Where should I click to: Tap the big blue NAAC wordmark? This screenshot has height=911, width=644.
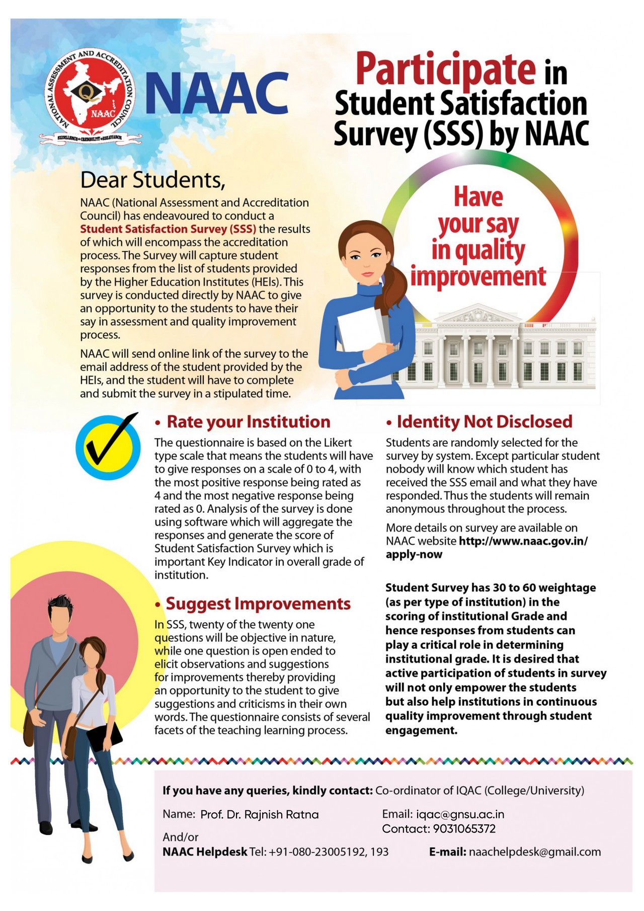point(217,94)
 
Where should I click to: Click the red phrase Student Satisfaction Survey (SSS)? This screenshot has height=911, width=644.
point(168,229)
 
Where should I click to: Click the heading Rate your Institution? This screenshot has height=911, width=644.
point(248,422)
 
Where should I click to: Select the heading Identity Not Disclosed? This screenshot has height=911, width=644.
point(484,422)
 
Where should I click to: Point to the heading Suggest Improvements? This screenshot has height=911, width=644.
point(258,603)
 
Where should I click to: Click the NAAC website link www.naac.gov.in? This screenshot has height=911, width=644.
point(523,542)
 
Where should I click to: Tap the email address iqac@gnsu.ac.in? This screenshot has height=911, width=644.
point(460,814)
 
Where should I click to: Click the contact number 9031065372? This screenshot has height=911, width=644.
point(464,828)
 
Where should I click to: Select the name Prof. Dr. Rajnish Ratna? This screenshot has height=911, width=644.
point(259,814)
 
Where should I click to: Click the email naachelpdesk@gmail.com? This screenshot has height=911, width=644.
point(535,852)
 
